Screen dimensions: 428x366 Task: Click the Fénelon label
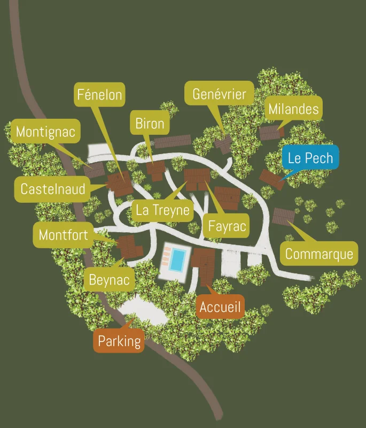tap(100, 95)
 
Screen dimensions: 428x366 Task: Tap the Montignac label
tap(46, 131)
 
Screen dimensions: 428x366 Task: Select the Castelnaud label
tap(52, 188)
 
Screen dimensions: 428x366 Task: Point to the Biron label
tap(150, 124)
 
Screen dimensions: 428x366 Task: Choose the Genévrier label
tap(219, 95)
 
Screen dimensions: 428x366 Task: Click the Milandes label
tap(293, 109)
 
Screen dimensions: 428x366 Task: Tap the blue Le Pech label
tap(310, 158)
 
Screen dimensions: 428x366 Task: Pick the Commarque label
tap(319, 253)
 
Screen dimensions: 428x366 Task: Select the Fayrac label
tap(227, 226)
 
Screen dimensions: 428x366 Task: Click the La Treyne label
tap(162, 210)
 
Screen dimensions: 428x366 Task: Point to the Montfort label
tap(63, 235)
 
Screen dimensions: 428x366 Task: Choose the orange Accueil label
tap(220, 307)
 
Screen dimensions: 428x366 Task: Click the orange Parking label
tap(120, 341)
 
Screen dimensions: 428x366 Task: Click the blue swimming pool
tap(178, 259)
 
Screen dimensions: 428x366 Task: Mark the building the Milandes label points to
tap(270, 132)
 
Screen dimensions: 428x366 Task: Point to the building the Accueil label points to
tap(204, 266)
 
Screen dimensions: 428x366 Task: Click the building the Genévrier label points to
tap(224, 143)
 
